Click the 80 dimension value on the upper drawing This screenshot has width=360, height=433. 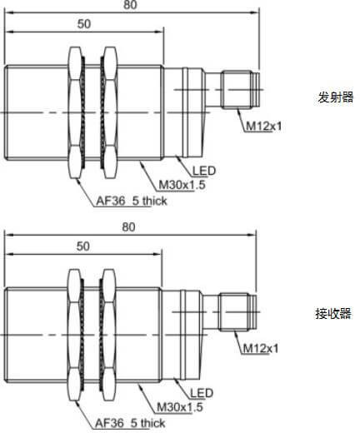pos(130,4)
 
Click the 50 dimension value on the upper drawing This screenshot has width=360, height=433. pos(84,24)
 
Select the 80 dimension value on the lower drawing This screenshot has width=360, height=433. pos(128,227)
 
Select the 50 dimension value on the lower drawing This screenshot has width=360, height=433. pos(83,246)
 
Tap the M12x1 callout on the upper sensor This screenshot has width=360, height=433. pos(264,127)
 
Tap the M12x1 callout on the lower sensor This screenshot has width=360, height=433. pos(261,348)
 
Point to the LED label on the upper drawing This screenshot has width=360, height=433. pos(204,171)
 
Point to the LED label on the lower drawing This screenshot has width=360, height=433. pos(202,393)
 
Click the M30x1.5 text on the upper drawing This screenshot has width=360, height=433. pos(182,185)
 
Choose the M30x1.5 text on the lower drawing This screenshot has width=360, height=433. pos(180,407)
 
